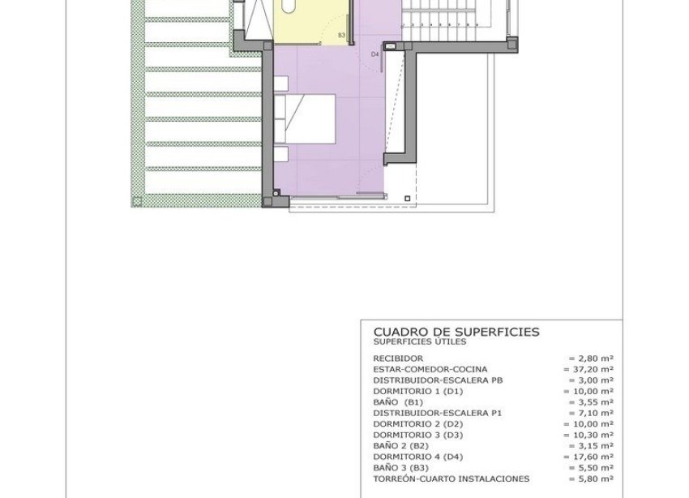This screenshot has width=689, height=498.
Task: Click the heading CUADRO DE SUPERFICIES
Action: point(456,332)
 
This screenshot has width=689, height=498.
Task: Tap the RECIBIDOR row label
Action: point(398,358)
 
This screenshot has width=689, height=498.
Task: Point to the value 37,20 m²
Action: point(588,368)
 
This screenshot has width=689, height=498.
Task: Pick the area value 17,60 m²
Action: point(588,457)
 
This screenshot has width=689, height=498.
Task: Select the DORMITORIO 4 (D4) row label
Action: point(416,457)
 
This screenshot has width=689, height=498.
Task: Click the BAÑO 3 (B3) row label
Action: point(402,468)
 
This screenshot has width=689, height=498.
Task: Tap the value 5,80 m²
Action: point(591,479)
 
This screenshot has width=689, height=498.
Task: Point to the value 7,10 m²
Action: point(591,413)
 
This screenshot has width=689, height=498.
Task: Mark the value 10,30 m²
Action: point(588,435)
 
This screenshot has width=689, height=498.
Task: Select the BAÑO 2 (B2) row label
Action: point(402,445)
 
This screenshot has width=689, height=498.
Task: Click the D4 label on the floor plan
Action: point(375,54)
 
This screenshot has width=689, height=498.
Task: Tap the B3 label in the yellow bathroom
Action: point(341,36)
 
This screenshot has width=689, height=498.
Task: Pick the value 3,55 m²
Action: point(591,401)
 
